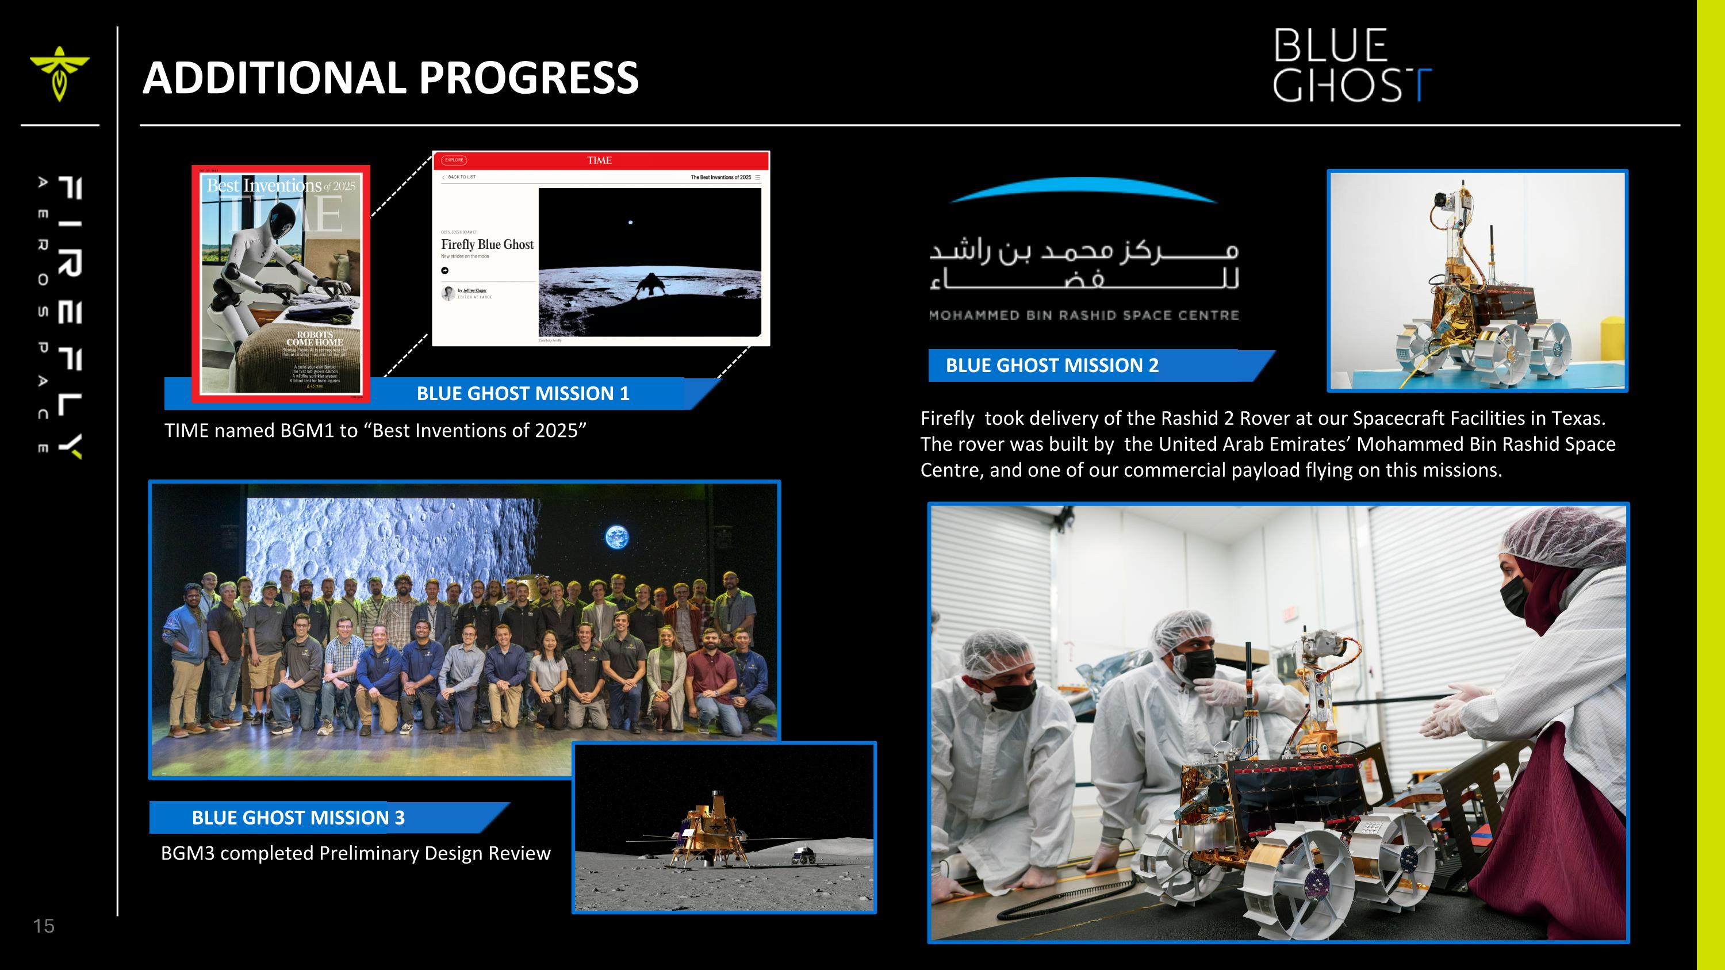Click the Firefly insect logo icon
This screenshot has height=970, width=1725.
pos(59,72)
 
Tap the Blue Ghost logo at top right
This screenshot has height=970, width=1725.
pos(1351,65)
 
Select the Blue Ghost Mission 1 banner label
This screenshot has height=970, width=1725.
pos(523,394)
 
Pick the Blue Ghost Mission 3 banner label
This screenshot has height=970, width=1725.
pos(298,818)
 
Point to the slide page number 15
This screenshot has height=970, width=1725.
pos(44,926)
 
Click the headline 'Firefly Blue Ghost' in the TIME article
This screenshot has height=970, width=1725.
pos(487,244)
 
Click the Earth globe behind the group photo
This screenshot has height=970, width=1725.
pos(617,537)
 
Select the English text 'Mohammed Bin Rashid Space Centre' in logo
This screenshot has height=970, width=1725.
pos(1083,315)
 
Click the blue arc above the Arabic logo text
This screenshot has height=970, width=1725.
pos(1083,190)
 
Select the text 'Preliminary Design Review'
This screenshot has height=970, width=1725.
pos(435,853)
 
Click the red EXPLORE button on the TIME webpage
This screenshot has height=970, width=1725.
pos(454,160)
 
